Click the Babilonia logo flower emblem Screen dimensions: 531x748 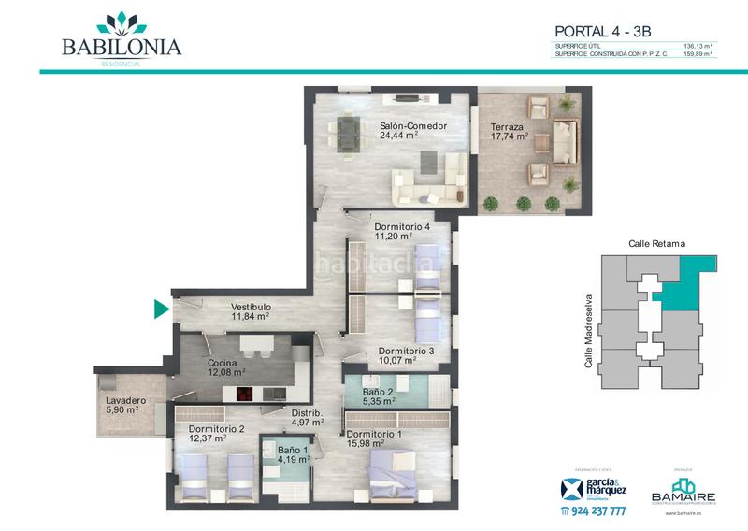pyautogui.click(x=122, y=22)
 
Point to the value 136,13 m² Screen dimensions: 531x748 pyautogui.click(x=698, y=45)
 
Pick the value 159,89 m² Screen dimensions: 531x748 pyautogui.click(x=698, y=54)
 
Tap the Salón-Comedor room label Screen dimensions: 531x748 pyautogui.click(x=412, y=126)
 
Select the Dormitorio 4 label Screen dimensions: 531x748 pyautogui.click(x=401, y=227)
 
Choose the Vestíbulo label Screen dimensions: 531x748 pyautogui.click(x=251, y=307)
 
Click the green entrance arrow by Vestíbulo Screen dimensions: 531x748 pyautogui.click(x=161, y=309)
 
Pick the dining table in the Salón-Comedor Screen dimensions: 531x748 pyautogui.click(x=347, y=131)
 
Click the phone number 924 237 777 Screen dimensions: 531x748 pyautogui.click(x=597, y=511)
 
